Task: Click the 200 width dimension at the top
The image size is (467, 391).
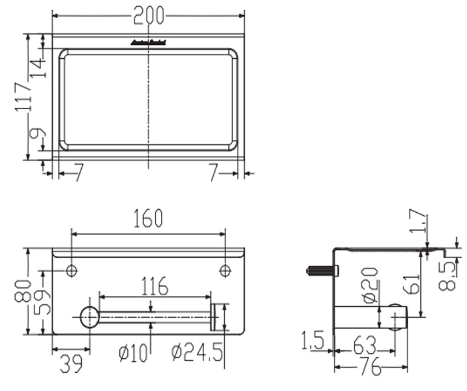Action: (x=148, y=15)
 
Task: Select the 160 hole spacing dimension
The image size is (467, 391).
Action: (x=148, y=218)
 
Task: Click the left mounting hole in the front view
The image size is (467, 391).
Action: (x=71, y=270)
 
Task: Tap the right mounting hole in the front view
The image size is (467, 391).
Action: (x=225, y=270)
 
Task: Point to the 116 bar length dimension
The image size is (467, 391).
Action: (x=154, y=285)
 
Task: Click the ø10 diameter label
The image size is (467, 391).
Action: (x=133, y=353)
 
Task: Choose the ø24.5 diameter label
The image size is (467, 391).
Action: (x=197, y=353)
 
